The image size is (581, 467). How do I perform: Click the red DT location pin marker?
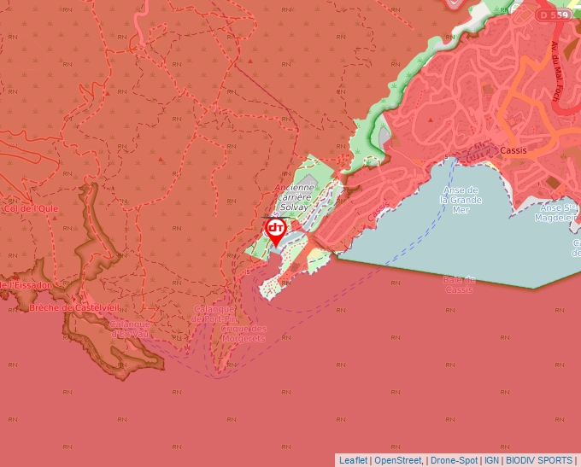(x=275, y=229)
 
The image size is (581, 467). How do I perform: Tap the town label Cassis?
(x=514, y=149)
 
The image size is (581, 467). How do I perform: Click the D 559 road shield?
(x=553, y=15)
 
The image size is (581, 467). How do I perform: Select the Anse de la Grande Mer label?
(x=461, y=199)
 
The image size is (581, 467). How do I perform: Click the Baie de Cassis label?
(x=459, y=284)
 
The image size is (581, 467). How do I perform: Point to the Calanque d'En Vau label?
(x=130, y=329)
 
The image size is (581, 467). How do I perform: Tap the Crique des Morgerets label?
(x=244, y=333)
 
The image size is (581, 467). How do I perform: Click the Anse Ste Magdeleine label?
(x=558, y=213)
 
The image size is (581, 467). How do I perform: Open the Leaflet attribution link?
(x=353, y=460)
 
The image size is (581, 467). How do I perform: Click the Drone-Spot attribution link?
(x=455, y=460)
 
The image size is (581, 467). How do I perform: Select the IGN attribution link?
(x=491, y=460)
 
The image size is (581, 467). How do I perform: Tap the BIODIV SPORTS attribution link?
(x=538, y=460)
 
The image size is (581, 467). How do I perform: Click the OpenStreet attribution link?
(x=398, y=460)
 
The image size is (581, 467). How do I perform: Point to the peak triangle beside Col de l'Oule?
(x=55, y=218)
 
